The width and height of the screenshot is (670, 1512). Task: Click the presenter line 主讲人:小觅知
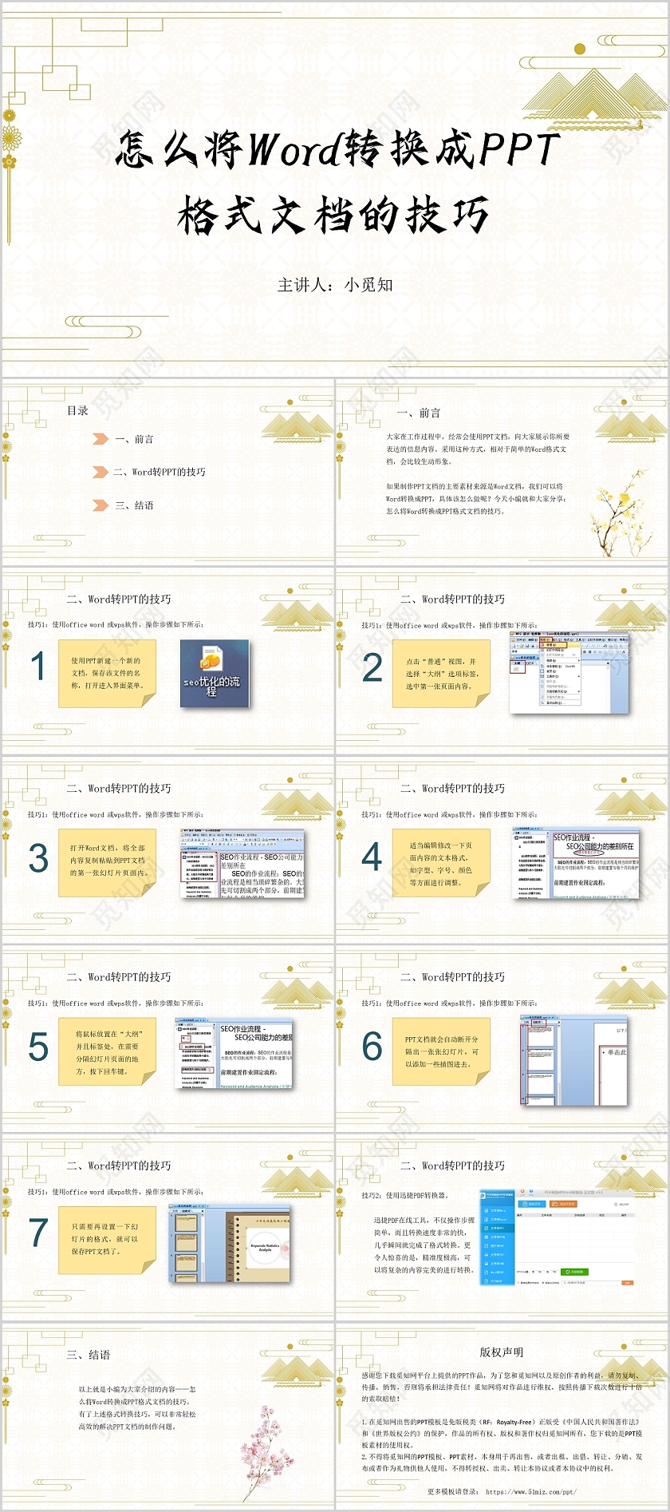[x=335, y=285]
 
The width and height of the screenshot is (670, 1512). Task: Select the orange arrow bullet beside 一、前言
[x=100, y=439]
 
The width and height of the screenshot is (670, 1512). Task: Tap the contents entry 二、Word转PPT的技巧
[x=160, y=472]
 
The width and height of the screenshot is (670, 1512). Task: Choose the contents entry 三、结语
[x=134, y=505]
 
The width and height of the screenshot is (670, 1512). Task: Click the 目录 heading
[x=77, y=410]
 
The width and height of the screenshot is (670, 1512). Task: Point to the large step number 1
[x=37, y=667]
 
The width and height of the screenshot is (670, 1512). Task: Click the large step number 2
[x=372, y=667]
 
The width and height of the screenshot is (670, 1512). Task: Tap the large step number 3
[x=38, y=858]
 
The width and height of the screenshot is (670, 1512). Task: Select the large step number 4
[x=372, y=857]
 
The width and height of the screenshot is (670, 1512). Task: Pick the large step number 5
[x=38, y=1047]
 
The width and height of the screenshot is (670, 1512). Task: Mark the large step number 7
[x=38, y=1233]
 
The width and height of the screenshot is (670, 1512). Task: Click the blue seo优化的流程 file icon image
[x=214, y=674]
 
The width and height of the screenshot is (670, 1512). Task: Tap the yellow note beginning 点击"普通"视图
[x=441, y=674]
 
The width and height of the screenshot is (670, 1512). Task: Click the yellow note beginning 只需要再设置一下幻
[x=106, y=1239]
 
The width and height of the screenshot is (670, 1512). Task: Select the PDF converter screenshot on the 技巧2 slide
[x=557, y=1237]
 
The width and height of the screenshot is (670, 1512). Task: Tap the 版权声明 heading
[x=501, y=1352]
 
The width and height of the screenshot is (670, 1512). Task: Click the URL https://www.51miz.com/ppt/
[x=530, y=1491]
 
